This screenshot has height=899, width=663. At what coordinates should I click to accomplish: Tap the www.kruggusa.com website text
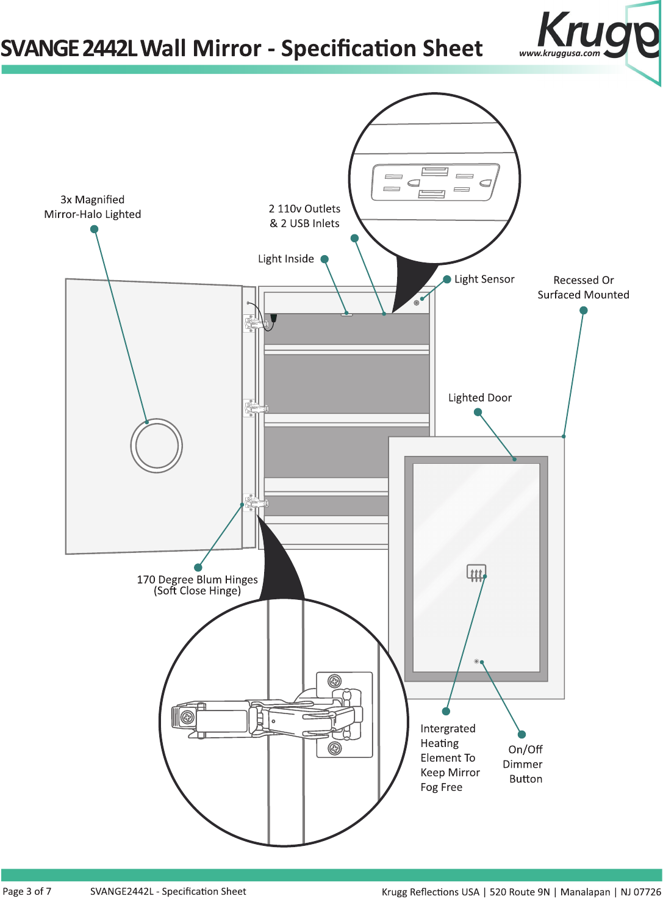pos(559,53)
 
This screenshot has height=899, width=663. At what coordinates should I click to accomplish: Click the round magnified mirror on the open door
pos(156,446)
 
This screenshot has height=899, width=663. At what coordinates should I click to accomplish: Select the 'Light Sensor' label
pos(484,279)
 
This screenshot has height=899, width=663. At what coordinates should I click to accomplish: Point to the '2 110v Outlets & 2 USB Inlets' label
pos(305,216)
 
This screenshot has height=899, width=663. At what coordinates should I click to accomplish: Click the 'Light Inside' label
pos(285,259)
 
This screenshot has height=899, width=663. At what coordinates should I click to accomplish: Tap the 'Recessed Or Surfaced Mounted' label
pos(583,287)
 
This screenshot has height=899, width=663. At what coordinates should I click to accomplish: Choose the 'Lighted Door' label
pos(480,397)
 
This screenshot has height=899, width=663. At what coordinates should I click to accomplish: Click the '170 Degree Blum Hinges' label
pos(198,580)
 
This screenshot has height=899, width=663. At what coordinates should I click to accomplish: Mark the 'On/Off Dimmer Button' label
pos(523,764)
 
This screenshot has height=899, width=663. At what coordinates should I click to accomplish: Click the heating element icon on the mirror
pos(476,572)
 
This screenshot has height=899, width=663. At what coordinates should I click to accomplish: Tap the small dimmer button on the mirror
pos(476,661)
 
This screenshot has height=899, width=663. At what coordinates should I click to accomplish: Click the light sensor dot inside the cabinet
pos(416,303)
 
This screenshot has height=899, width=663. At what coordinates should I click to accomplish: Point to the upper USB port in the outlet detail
pos(435,171)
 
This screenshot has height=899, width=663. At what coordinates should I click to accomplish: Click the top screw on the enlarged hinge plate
pos(334,681)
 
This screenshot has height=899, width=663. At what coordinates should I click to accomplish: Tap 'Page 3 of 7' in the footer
pos(27,891)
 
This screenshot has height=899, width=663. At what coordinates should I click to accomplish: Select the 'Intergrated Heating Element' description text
pos(450,757)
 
